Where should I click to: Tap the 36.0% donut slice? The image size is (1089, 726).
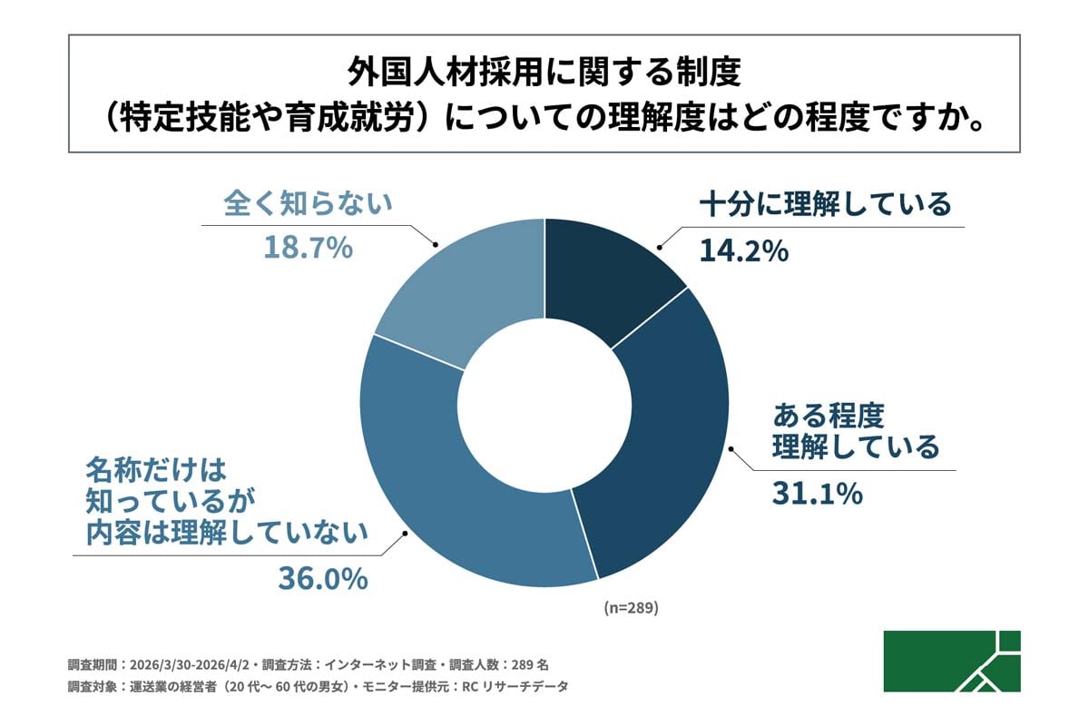(472, 508)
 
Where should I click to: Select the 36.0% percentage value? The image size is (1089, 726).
(322, 577)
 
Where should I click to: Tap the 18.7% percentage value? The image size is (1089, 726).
(308, 248)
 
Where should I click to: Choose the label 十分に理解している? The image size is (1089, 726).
(824, 204)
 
